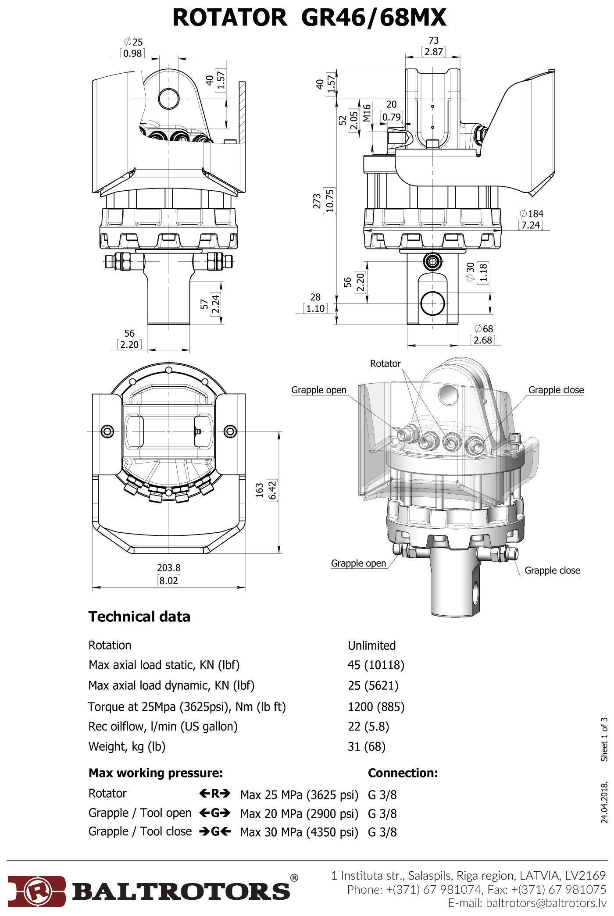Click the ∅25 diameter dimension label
[133, 42]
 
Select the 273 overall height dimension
[318, 201]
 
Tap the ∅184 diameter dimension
[531, 214]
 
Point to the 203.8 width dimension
[169, 568]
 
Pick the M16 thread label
[367, 112]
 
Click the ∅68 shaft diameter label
[484, 328]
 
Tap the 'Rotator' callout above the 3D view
[385, 364]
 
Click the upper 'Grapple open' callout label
[319, 390]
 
